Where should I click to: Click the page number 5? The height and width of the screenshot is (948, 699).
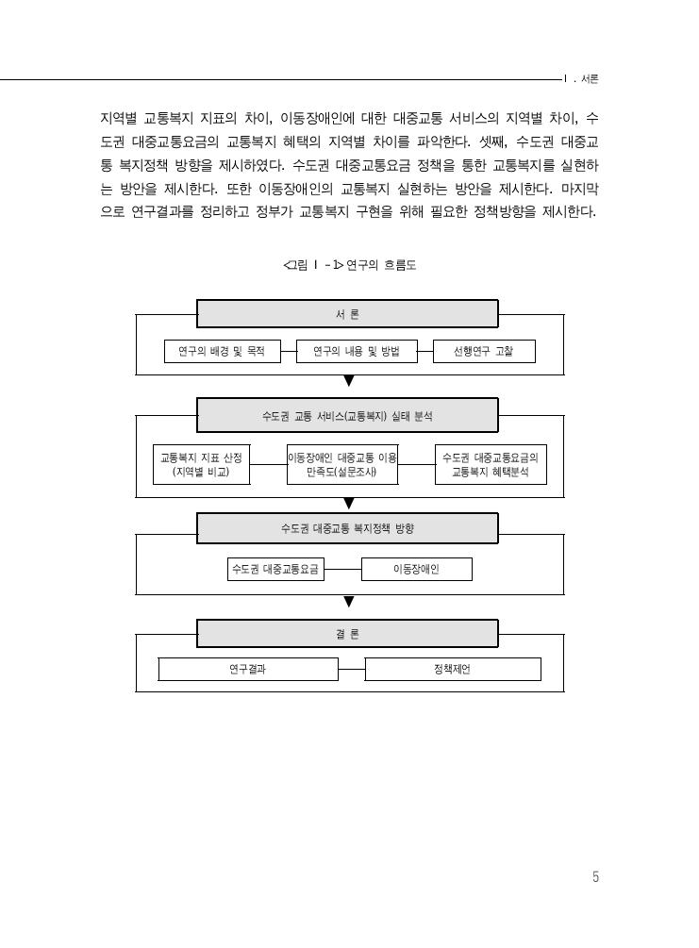click(x=595, y=876)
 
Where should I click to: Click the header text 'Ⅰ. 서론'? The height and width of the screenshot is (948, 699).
click(x=581, y=79)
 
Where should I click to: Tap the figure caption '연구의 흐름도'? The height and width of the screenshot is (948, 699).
click(x=381, y=265)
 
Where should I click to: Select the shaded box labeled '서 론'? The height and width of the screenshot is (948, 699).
click(x=347, y=314)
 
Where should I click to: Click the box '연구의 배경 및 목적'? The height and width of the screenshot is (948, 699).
click(x=222, y=351)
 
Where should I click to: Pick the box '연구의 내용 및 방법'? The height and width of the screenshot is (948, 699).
click(x=357, y=351)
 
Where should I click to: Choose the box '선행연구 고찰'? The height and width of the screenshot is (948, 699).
click(x=484, y=351)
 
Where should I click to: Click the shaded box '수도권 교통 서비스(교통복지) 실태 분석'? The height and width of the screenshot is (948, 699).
click(x=347, y=415)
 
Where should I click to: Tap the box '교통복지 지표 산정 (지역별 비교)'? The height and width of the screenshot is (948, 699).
click(x=201, y=464)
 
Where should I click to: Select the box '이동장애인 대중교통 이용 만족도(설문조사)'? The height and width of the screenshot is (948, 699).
click(x=342, y=464)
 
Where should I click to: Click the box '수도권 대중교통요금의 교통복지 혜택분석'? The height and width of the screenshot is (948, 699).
click(x=491, y=464)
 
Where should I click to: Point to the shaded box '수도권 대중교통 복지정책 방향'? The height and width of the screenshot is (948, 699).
click(x=347, y=528)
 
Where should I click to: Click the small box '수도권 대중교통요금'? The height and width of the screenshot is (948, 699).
click(x=275, y=569)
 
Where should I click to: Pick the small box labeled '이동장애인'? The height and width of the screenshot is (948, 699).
click(x=417, y=569)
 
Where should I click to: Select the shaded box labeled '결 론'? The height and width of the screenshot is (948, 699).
click(x=347, y=634)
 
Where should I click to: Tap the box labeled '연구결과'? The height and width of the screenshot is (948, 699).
click(x=248, y=670)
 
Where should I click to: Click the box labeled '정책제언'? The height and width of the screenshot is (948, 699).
click(x=453, y=670)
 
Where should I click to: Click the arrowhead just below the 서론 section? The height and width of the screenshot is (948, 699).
click(x=349, y=381)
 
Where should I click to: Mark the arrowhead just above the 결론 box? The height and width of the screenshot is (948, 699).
click(x=349, y=602)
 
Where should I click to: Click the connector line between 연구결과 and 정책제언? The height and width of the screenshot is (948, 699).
click(x=351, y=670)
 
